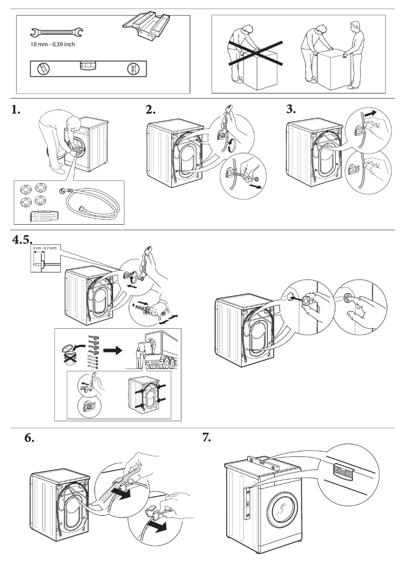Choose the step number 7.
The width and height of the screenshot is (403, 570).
point(207,437)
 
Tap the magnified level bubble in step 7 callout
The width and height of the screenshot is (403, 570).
point(344,471)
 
